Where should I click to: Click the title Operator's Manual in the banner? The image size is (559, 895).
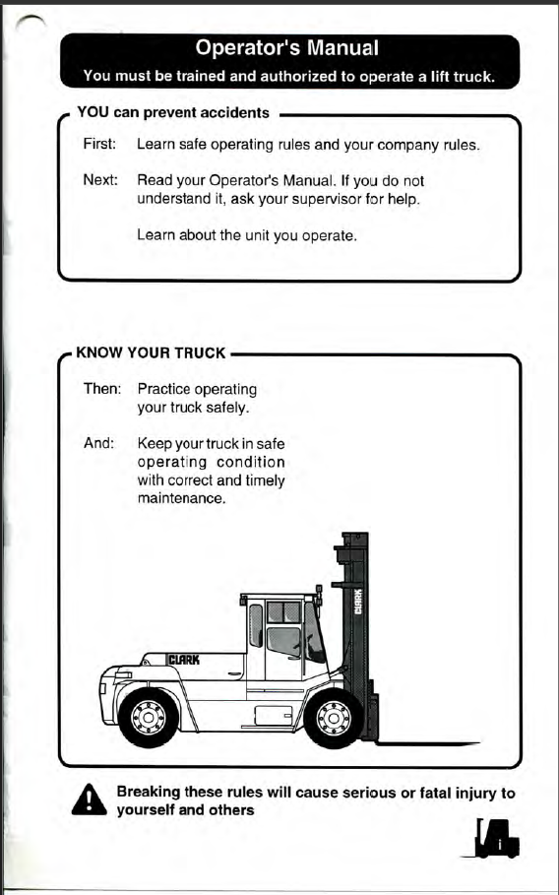tap(286, 48)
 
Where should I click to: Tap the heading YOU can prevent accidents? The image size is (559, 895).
tap(173, 112)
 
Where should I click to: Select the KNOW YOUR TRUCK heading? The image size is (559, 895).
tap(152, 352)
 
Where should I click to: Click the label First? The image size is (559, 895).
tap(99, 145)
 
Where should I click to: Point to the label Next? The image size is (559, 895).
tap(100, 181)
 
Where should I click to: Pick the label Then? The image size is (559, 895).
tap(102, 389)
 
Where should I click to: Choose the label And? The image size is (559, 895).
tap(99, 443)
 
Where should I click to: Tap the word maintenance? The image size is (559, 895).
tap(181, 498)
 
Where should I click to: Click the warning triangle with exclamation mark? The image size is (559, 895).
tap(89, 799)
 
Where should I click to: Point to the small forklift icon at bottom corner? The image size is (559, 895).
tap(492, 838)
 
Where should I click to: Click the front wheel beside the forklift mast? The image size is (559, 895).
tap(334, 717)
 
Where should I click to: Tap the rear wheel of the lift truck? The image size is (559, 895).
tap(149, 717)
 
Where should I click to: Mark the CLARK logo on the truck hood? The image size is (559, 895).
tap(183, 660)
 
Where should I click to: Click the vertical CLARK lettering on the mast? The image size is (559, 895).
tap(358, 601)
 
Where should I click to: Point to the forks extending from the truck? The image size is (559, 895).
tap(427, 743)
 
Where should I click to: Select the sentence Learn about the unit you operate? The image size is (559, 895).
tap(247, 235)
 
